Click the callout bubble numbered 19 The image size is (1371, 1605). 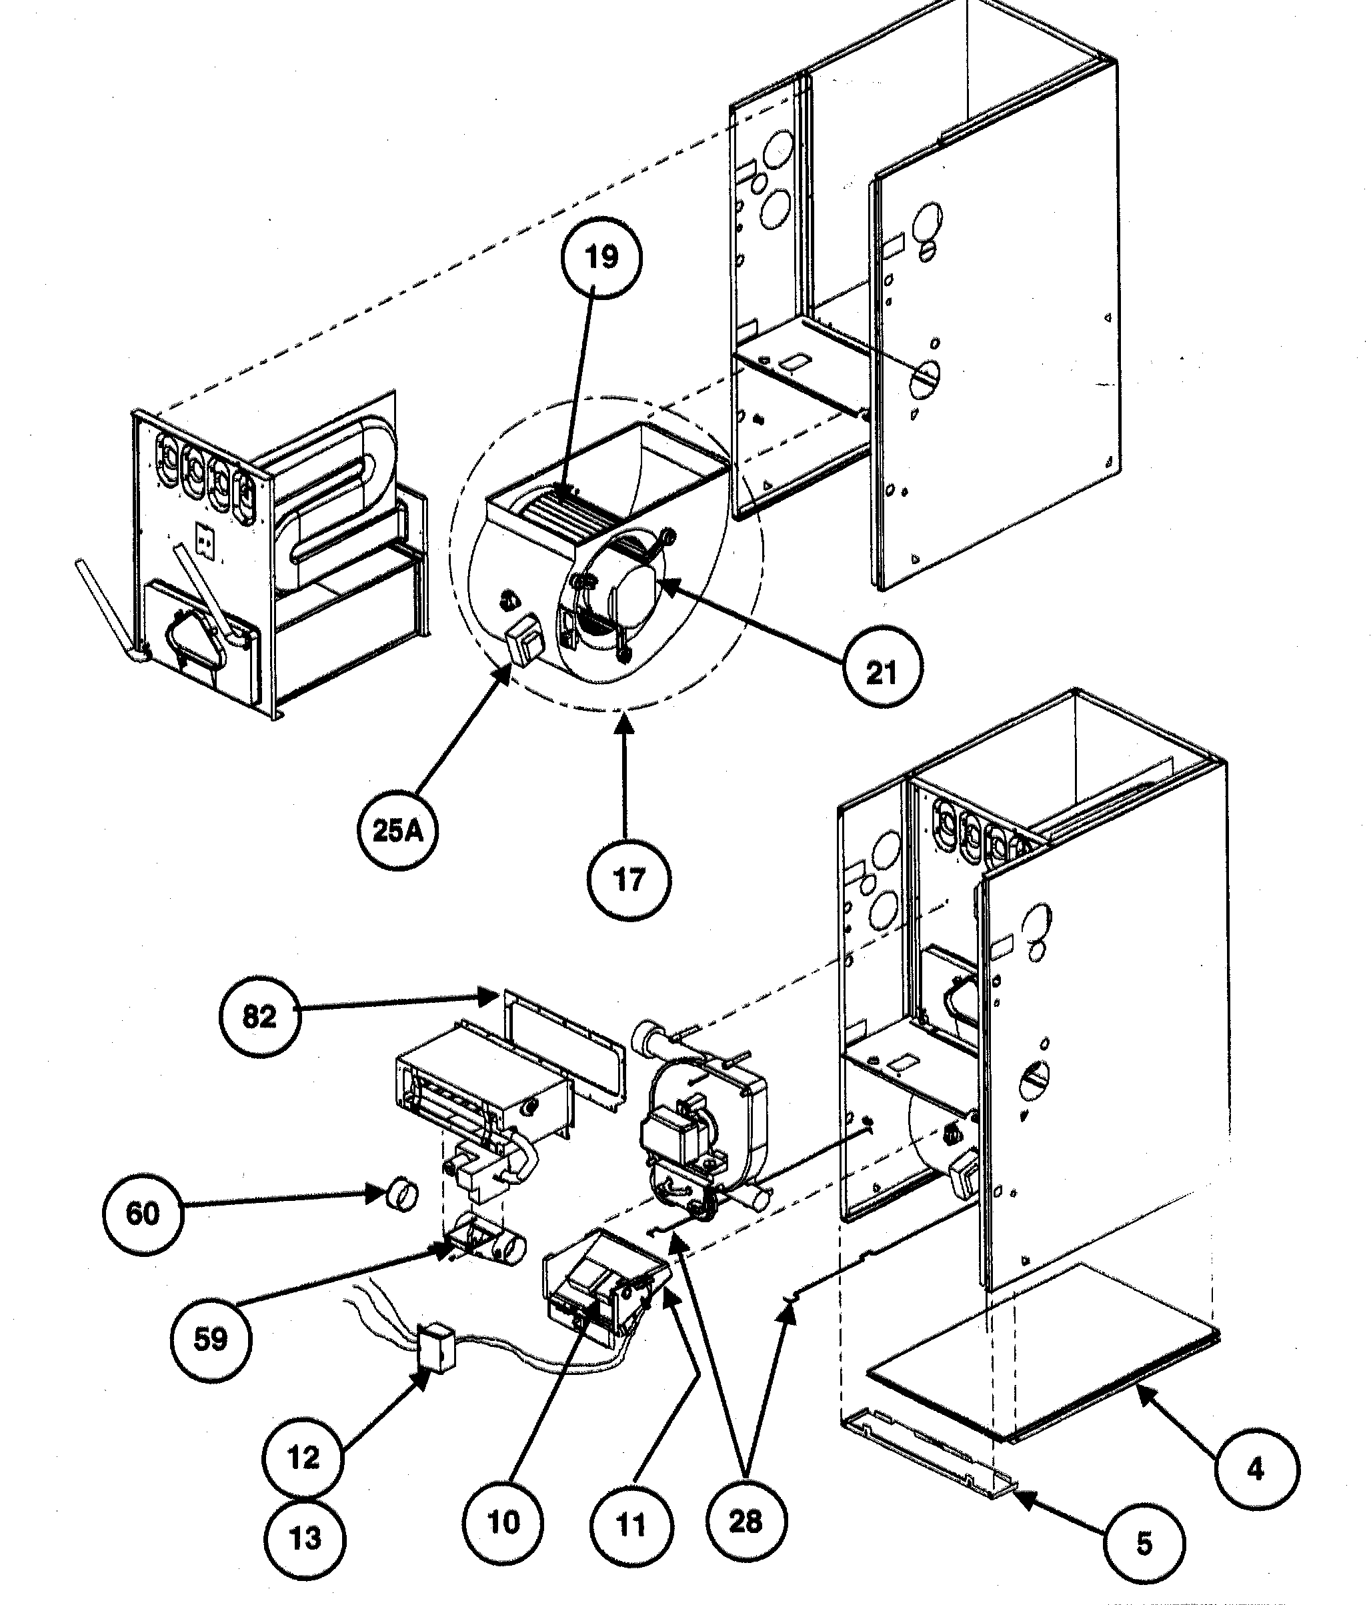pos(602,257)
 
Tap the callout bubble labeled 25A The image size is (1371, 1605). pos(398,830)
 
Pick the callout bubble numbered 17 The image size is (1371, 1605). pos(629,881)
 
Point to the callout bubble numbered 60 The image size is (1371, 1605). pos(143,1214)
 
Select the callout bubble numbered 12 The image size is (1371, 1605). pos(303,1458)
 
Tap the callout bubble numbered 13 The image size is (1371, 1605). pos(305,1538)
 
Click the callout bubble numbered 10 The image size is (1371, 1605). pos(503,1523)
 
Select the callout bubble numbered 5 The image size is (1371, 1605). pos(1144,1544)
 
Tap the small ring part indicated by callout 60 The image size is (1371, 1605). pos(402,1194)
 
